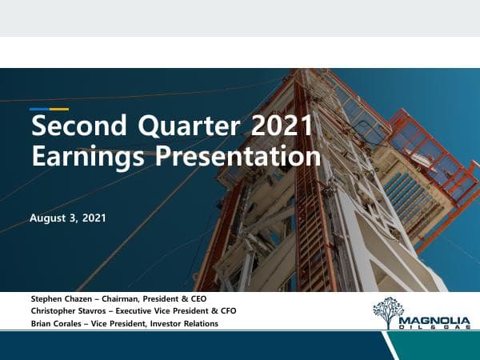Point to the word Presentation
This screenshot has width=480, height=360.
(237, 156)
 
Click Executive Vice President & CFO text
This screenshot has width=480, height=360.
(177, 310)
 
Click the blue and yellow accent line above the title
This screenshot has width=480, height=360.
(49, 109)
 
